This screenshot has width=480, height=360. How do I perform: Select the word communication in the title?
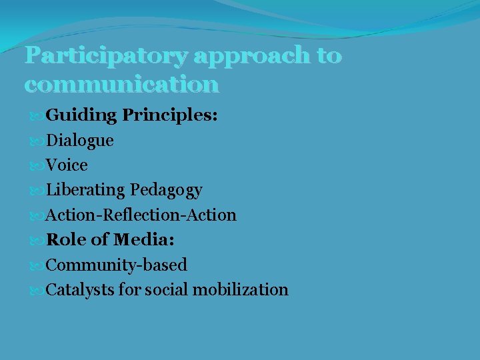tap(121, 85)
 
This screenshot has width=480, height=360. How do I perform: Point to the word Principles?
tap(170, 115)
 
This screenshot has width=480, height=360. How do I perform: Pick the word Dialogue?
tap(79, 141)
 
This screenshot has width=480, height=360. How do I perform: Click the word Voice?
tap(67, 165)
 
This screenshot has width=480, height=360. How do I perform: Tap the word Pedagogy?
tap(166, 191)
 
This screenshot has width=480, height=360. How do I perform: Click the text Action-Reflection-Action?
tap(141, 215)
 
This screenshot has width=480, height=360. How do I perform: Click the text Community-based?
tap(116, 265)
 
